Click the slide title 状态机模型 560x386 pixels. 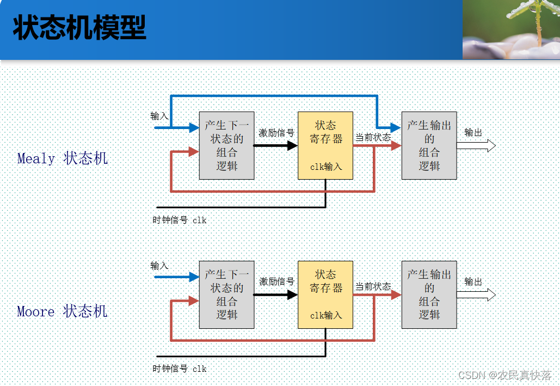tap(79, 28)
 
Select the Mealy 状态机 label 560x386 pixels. tap(63, 158)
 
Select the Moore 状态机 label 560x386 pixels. tap(62, 311)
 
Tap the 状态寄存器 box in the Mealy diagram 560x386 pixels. tap(325, 145)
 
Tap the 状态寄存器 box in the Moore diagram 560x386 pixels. tap(325, 295)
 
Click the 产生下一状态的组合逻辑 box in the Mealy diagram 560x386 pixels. tap(226, 145)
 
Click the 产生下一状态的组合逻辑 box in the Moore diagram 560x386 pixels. tap(226, 295)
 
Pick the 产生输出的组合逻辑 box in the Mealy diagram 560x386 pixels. tap(429, 145)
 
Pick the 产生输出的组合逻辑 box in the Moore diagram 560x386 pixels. tap(429, 295)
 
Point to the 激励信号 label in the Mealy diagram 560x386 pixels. tap(276, 133)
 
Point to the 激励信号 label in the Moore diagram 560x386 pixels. tap(276, 281)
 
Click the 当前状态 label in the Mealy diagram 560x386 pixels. tap(373, 137)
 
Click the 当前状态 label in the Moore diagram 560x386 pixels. tap(373, 286)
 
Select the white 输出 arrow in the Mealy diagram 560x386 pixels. tap(476, 145)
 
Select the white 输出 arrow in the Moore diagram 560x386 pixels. tap(476, 295)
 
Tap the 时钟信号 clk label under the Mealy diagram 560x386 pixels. tap(180, 220)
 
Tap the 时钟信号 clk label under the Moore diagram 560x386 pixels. tap(180, 369)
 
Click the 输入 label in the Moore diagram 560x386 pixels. tap(159, 266)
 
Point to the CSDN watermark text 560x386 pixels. tap(504, 375)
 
